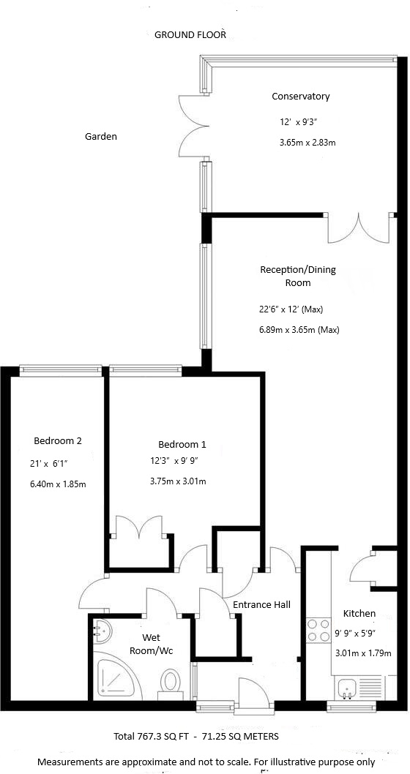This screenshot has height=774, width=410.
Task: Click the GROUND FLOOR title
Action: click(190, 34)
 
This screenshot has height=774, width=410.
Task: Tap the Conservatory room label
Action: click(300, 97)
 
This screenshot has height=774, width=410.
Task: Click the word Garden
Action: click(100, 136)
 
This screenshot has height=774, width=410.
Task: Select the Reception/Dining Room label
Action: click(298, 276)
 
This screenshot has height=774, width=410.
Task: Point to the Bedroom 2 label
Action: click(57, 440)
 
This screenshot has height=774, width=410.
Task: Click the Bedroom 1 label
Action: click(182, 444)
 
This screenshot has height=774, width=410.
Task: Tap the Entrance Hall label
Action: click(261, 604)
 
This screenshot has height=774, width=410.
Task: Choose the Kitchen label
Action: click(359, 613)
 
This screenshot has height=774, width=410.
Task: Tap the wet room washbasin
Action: click(102, 630)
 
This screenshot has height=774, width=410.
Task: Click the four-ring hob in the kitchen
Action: click(318, 631)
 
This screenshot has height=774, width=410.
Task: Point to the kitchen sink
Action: click(349, 686)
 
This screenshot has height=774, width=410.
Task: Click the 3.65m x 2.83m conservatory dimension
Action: click(307, 143)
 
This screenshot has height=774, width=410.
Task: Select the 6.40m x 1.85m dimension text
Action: click(58, 484)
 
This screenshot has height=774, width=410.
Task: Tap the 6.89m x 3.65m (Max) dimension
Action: click(299, 329)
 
